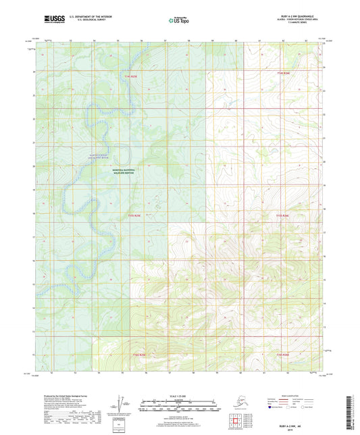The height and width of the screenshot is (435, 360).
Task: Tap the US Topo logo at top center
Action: (177, 21)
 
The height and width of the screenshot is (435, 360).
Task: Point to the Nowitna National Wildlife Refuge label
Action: (124, 172)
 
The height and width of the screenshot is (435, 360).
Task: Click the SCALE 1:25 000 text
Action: (180, 396)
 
